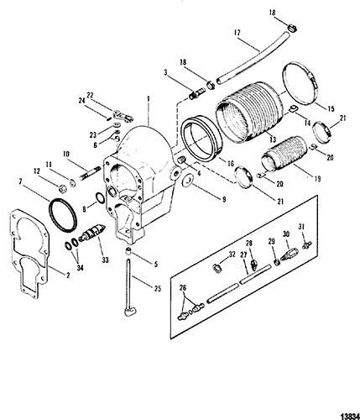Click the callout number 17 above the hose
pyautogui.click(x=237, y=33)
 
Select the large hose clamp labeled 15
pyautogui.click(x=300, y=84)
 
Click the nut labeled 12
pyautogui.click(x=62, y=188)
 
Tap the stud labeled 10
pyautogui.click(x=91, y=173)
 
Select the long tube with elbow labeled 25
pyautogui.click(x=128, y=286)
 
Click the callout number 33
pyautogui.click(x=105, y=260)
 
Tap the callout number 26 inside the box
pyautogui.click(x=183, y=288)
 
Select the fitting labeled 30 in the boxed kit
pyautogui.click(x=288, y=254)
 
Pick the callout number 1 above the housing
pyautogui.click(x=149, y=99)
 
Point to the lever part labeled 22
pyautogui.click(x=123, y=116)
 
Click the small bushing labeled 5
pyautogui.click(x=128, y=250)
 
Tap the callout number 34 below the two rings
pyautogui.click(x=80, y=268)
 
